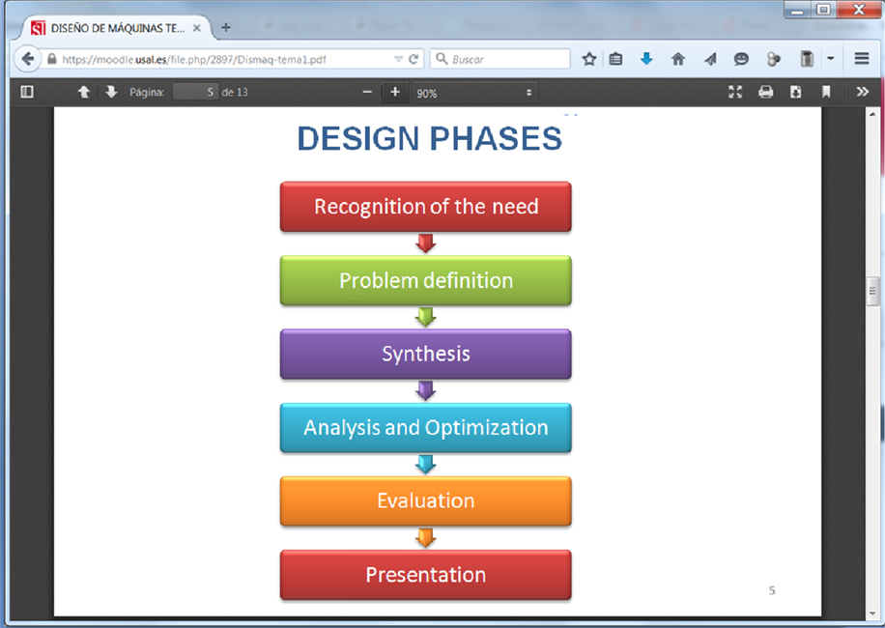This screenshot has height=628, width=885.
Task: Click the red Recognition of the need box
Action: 425,207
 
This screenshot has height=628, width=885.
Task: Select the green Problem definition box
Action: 425,280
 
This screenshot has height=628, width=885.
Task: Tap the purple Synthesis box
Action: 425,354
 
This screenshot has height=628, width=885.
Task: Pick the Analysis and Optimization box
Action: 425,427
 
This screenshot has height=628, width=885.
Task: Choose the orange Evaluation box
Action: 425,500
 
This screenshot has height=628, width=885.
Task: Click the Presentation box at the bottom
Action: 425,575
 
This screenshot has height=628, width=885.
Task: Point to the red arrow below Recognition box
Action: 425,243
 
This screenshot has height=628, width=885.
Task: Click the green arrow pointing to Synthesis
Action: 425,317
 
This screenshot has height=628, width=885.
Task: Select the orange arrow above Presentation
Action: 425,538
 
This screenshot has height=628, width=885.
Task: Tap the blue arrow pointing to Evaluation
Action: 425,465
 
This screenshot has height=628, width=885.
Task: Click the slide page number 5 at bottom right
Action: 771,590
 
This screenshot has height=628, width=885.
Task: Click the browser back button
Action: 29,59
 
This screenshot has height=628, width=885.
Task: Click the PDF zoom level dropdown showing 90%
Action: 473,93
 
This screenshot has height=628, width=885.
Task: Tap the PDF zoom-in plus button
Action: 394,93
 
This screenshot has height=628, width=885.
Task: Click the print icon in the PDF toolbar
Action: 765,93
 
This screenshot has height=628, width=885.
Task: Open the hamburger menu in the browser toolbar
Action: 862,59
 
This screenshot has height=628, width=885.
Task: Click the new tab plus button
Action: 226,28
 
